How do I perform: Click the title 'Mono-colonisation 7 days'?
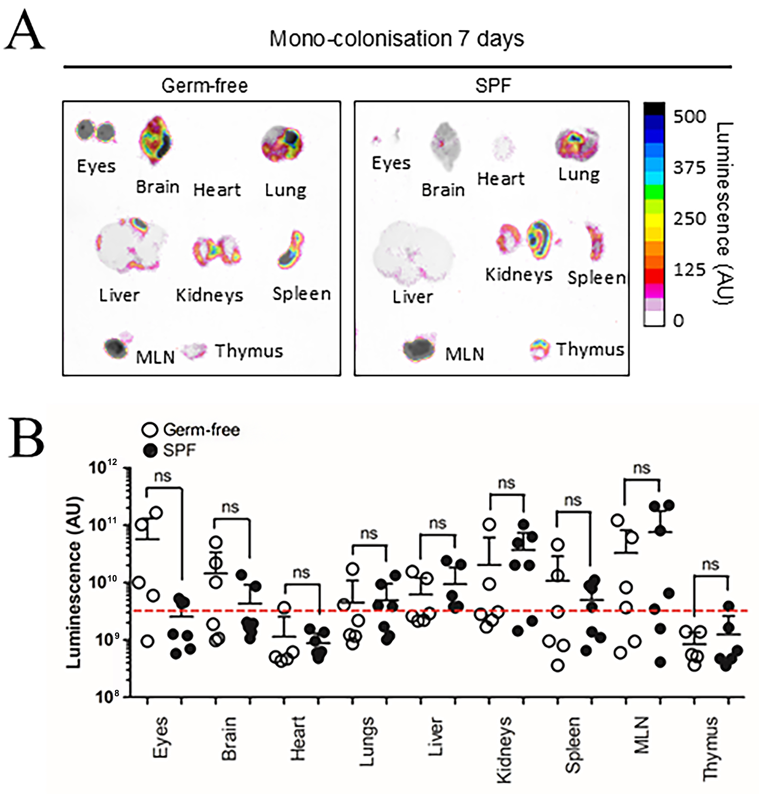397,39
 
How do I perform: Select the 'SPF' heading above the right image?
493,86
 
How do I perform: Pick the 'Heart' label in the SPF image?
501,179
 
